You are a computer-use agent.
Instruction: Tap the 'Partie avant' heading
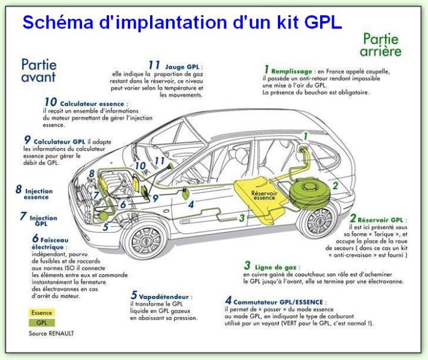[x=38, y=70]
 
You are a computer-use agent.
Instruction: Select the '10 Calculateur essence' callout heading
[x=76, y=103]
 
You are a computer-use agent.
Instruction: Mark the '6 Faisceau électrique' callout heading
[x=55, y=242]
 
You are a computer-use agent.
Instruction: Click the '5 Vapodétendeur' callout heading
[x=162, y=296]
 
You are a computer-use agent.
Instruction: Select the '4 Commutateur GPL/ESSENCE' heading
[x=275, y=300]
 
